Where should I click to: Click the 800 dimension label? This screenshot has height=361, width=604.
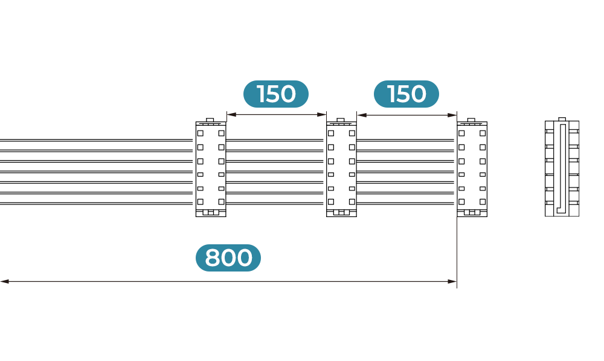point(228,258)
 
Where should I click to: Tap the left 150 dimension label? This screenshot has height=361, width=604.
point(276,94)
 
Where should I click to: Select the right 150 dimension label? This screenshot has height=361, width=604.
point(406,94)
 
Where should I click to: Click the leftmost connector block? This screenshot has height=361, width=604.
point(211,167)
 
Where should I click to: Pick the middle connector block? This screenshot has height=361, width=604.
point(341,167)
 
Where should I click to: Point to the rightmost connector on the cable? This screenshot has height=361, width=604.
point(472,167)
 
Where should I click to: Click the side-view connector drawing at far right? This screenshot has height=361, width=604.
point(562,167)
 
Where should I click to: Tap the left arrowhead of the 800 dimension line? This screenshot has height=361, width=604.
point(5,282)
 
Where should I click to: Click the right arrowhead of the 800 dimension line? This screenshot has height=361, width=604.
point(452,282)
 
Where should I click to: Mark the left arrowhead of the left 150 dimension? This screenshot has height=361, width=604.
point(231,114)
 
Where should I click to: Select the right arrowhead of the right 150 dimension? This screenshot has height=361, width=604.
point(452,115)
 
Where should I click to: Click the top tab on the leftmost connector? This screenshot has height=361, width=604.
point(210,120)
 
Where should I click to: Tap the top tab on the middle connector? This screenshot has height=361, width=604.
point(341,120)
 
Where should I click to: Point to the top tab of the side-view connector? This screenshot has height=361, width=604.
point(562,119)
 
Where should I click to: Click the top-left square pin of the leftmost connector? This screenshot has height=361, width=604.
point(201,133)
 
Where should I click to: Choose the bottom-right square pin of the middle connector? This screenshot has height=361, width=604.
point(352,202)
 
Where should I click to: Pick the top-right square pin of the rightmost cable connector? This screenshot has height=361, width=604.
point(482,133)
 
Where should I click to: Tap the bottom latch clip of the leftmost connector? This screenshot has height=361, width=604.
point(211,212)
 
